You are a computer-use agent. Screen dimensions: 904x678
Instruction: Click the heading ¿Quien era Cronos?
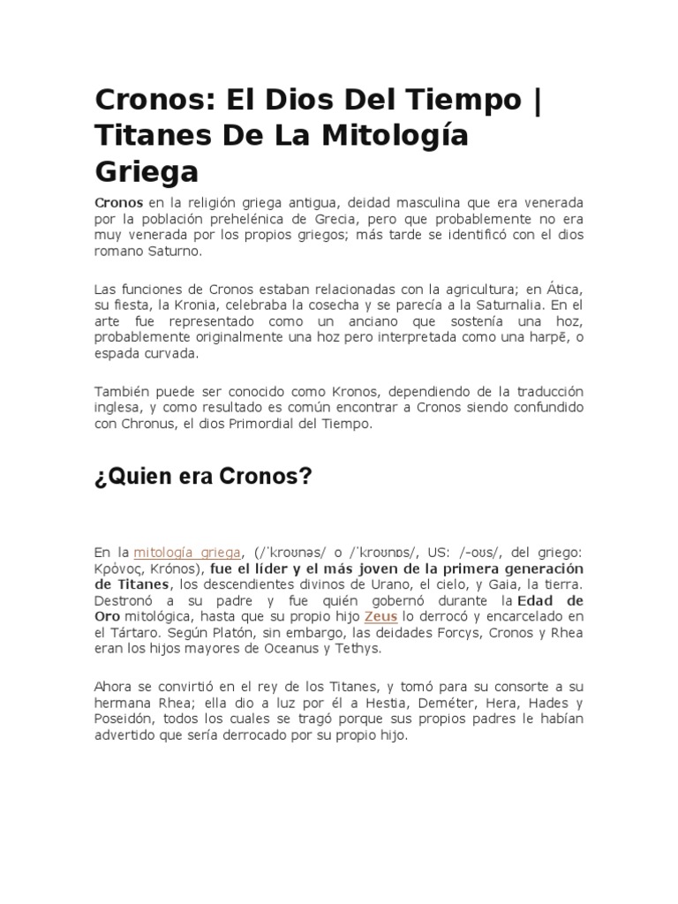point(203,478)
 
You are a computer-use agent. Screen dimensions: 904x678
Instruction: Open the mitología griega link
point(187,552)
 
